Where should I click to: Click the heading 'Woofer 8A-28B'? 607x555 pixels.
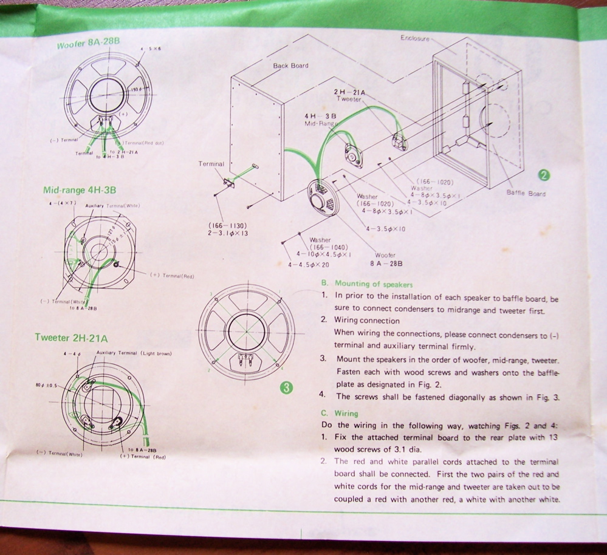(88, 44)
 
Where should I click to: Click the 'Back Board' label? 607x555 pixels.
(290, 66)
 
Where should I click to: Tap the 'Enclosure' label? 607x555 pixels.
(415, 38)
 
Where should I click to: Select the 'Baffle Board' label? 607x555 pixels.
(526, 194)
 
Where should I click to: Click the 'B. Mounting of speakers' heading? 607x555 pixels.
(366, 284)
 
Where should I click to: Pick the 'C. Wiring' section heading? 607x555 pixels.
(340, 414)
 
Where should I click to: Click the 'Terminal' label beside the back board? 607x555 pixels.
(211, 164)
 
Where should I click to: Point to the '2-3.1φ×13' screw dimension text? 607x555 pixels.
(228, 233)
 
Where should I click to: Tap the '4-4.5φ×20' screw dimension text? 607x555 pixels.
(309, 265)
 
